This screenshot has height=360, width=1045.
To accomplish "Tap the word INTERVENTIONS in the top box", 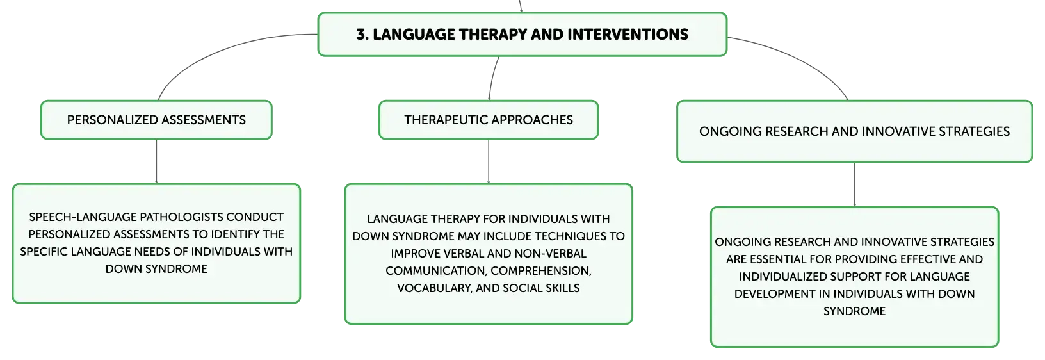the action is click(x=628, y=35).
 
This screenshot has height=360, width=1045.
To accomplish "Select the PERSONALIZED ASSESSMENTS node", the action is click(x=156, y=120).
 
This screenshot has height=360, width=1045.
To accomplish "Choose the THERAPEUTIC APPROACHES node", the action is click(x=489, y=120).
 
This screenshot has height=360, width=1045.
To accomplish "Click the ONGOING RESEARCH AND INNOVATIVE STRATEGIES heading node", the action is click(x=855, y=132).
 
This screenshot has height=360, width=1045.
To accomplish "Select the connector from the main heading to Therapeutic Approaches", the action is click(x=492, y=78).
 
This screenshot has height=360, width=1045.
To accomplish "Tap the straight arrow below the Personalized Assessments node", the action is click(x=156, y=161).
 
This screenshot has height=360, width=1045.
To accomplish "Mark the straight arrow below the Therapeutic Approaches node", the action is click(x=489, y=161).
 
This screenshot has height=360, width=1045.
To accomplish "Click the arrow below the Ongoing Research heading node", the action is click(x=855, y=185).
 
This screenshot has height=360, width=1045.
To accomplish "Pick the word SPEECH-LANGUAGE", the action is click(x=83, y=217).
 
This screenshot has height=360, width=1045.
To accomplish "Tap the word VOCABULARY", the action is click(x=435, y=288).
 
